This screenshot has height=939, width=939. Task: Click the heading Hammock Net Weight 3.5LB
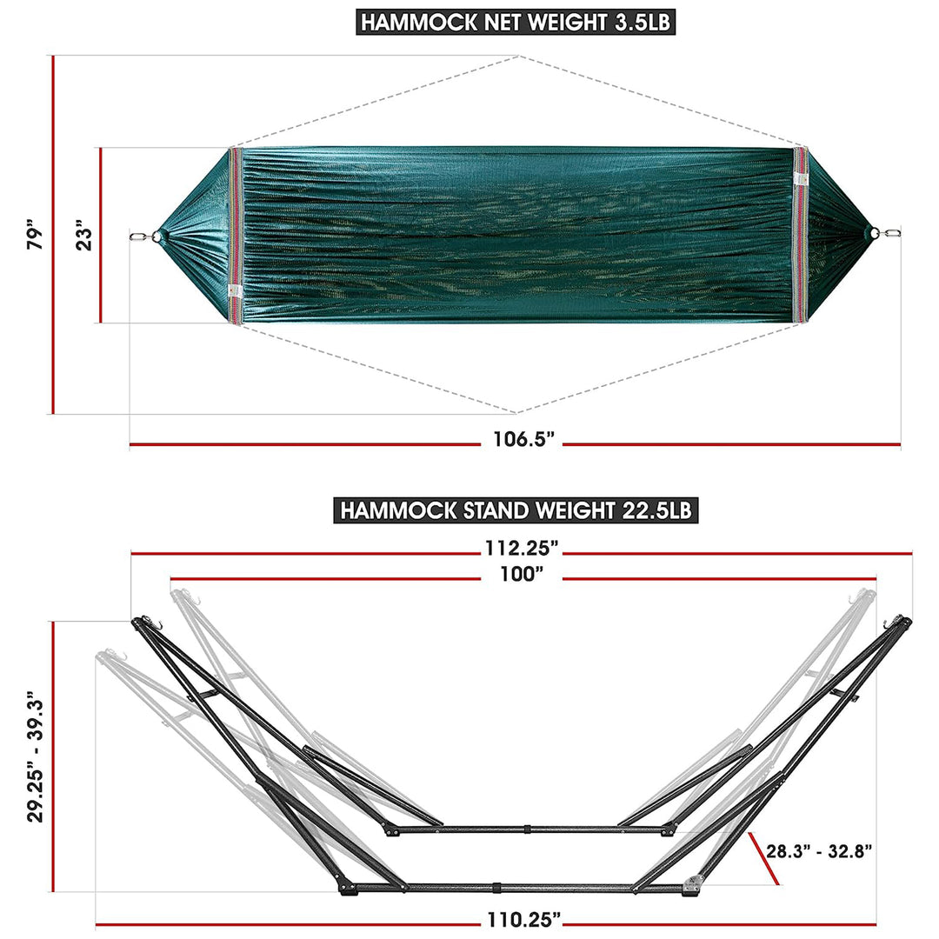point(516,22)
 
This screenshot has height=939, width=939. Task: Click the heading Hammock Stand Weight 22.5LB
point(516,509)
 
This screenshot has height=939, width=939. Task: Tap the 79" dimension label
point(34,235)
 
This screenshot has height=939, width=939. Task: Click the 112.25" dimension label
point(522,549)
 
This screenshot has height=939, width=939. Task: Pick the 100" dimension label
point(522,575)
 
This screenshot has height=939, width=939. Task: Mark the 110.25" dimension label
point(522,919)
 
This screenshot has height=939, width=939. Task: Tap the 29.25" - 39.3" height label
point(32,756)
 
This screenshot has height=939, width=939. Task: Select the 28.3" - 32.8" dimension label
point(819,850)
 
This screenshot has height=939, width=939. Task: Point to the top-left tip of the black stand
point(137,622)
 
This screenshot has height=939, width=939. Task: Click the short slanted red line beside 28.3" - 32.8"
point(763,856)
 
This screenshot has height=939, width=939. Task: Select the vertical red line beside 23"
point(101,236)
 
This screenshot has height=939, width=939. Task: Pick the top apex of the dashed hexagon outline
point(521,57)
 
